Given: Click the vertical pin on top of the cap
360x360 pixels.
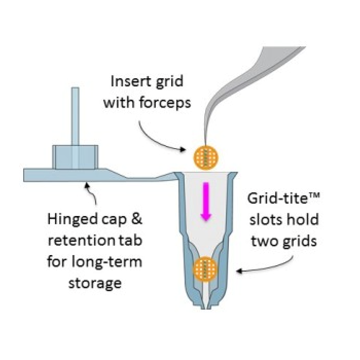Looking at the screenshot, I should coord(75,116).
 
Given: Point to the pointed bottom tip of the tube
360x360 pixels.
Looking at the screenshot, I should coord(206,307).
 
